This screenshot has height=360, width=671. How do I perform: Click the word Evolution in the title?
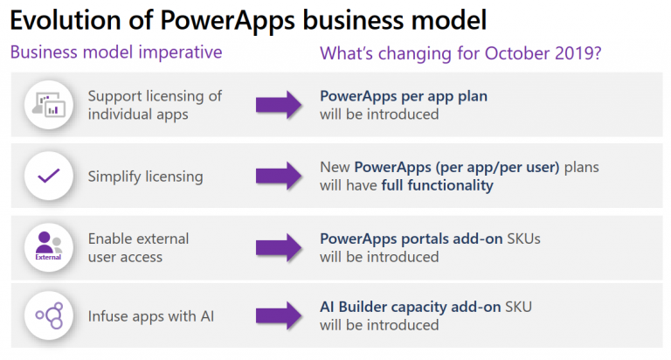point(66,20)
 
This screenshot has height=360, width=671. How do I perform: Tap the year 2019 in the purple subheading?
point(574,53)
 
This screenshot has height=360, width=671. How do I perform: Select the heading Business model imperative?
point(116,52)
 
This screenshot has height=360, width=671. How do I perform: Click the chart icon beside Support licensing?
point(49,105)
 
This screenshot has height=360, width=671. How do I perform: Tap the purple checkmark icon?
point(49,176)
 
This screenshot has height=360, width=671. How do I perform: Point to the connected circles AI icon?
point(50,316)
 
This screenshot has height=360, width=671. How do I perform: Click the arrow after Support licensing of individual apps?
point(279,105)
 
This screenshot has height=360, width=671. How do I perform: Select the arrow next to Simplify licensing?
point(279,176)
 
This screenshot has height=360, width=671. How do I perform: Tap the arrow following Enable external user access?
point(279,247)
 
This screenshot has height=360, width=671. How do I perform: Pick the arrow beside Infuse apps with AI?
point(279,316)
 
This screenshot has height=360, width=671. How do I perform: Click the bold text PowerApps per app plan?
point(404,97)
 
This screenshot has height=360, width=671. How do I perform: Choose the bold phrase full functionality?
point(438,185)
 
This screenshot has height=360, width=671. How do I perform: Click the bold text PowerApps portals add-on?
point(412,239)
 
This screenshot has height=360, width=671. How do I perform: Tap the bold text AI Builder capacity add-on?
point(411,307)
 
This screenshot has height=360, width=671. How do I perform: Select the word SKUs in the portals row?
point(524,239)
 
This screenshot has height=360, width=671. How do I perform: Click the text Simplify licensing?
point(146,177)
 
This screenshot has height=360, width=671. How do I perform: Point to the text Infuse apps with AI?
point(151,316)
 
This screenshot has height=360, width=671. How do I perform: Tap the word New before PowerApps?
point(335,168)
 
